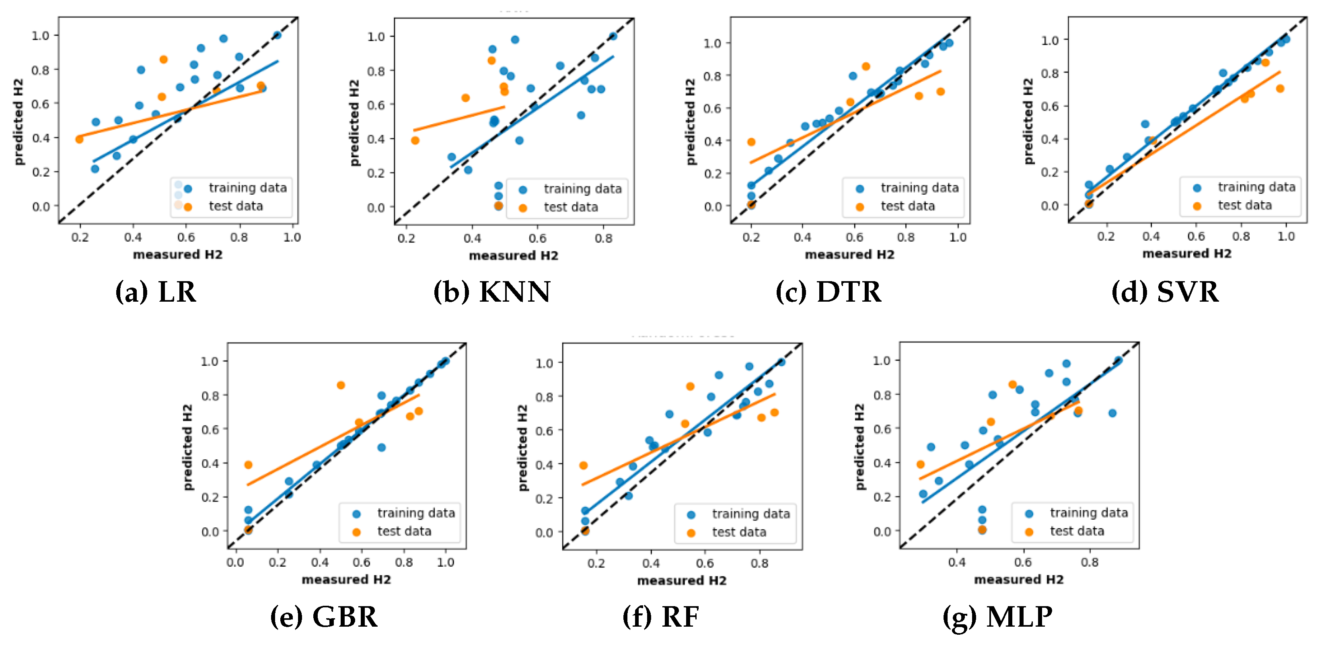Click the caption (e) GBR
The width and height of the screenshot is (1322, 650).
(324, 617)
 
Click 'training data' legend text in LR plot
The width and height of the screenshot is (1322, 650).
(247, 188)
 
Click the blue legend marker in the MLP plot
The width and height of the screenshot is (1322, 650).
(1029, 513)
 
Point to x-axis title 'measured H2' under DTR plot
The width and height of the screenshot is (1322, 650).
(849, 255)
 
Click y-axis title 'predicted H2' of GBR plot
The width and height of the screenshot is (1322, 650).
(188, 447)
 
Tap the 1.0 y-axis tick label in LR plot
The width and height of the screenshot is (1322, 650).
(41, 36)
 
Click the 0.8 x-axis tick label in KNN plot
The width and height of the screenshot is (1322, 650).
(604, 238)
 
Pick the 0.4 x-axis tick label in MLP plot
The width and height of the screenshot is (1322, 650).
(956, 562)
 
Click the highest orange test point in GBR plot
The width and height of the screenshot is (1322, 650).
(341, 385)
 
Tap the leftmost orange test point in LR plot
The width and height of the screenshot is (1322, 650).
(80, 139)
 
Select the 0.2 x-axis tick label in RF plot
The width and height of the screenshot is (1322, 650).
(596, 563)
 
